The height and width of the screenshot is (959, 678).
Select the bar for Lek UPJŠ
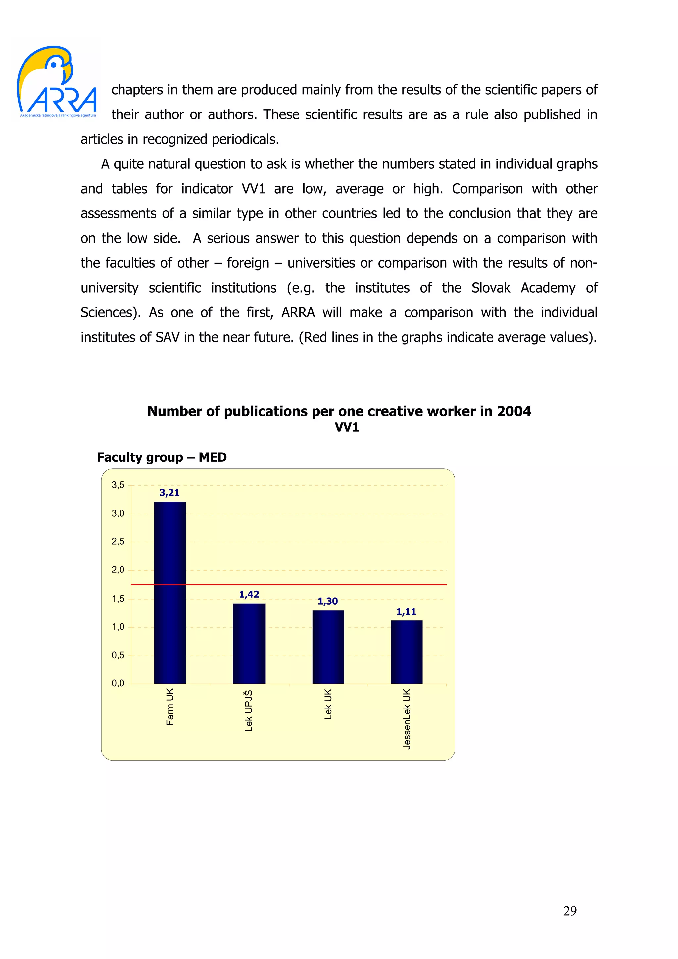(249, 643)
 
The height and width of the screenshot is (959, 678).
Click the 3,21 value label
(169, 493)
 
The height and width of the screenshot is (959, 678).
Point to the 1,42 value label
(249, 594)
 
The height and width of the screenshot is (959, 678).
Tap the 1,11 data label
(407, 612)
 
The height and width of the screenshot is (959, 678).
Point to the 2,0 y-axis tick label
(118, 570)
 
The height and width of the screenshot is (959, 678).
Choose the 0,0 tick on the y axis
(118, 683)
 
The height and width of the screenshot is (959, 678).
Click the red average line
(288, 585)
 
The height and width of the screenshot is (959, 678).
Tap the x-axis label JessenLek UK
(407, 719)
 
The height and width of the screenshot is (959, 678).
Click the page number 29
(570, 911)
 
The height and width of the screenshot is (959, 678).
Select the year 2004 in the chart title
(514, 411)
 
